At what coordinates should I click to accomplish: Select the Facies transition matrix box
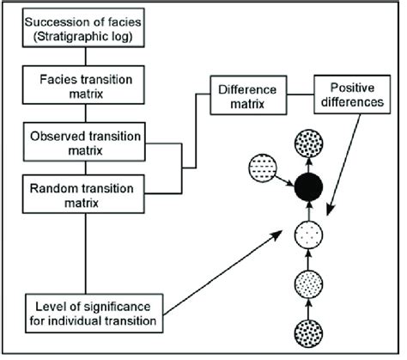click(82, 84)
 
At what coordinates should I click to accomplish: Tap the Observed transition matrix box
click(82, 142)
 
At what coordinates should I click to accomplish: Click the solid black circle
click(309, 186)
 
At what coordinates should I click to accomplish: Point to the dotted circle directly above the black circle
click(309, 143)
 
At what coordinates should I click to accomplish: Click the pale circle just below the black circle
click(309, 232)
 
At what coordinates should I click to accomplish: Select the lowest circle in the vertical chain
click(309, 333)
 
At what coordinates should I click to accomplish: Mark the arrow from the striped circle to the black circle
click(284, 178)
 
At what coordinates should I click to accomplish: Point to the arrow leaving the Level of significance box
click(228, 271)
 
